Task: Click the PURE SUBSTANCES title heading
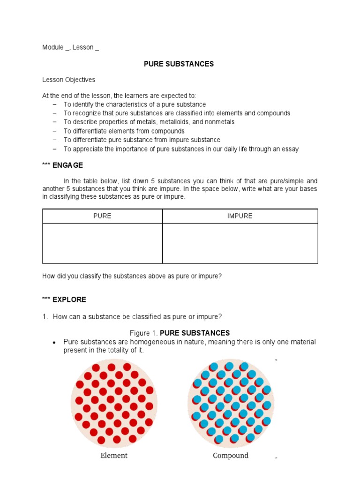tap(179, 64)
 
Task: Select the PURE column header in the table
tap(102, 216)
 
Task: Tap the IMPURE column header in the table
tap(240, 216)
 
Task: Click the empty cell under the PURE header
tap(102, 243)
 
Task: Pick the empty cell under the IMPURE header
tap(240, 243)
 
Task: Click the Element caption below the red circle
tap(114, 456)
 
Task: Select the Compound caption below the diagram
tap(230, 456)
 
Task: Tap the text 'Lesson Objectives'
tap(68, 80)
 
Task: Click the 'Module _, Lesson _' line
tap(70, 47)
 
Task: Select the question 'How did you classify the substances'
tap(132, 276)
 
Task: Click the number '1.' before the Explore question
tap(45, 317)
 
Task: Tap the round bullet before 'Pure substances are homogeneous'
tap(55, 343)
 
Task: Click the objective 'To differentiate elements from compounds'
tap(124, 131)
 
